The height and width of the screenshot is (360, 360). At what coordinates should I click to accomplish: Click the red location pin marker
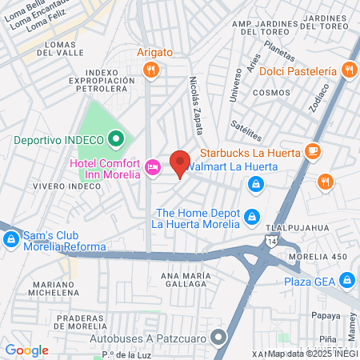click(180, 162)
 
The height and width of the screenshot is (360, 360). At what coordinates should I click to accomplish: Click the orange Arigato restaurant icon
click(149, 70)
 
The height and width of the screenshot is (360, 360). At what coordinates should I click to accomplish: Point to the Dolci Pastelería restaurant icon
click(348, 70)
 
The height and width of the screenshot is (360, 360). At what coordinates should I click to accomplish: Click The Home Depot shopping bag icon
click(252, 217)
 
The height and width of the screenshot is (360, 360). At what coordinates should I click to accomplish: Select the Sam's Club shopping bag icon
click(11, 238)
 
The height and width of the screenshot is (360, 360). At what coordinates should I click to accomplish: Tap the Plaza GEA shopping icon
click(347, 281)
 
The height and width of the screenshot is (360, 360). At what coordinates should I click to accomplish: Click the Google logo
click(26, 350)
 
